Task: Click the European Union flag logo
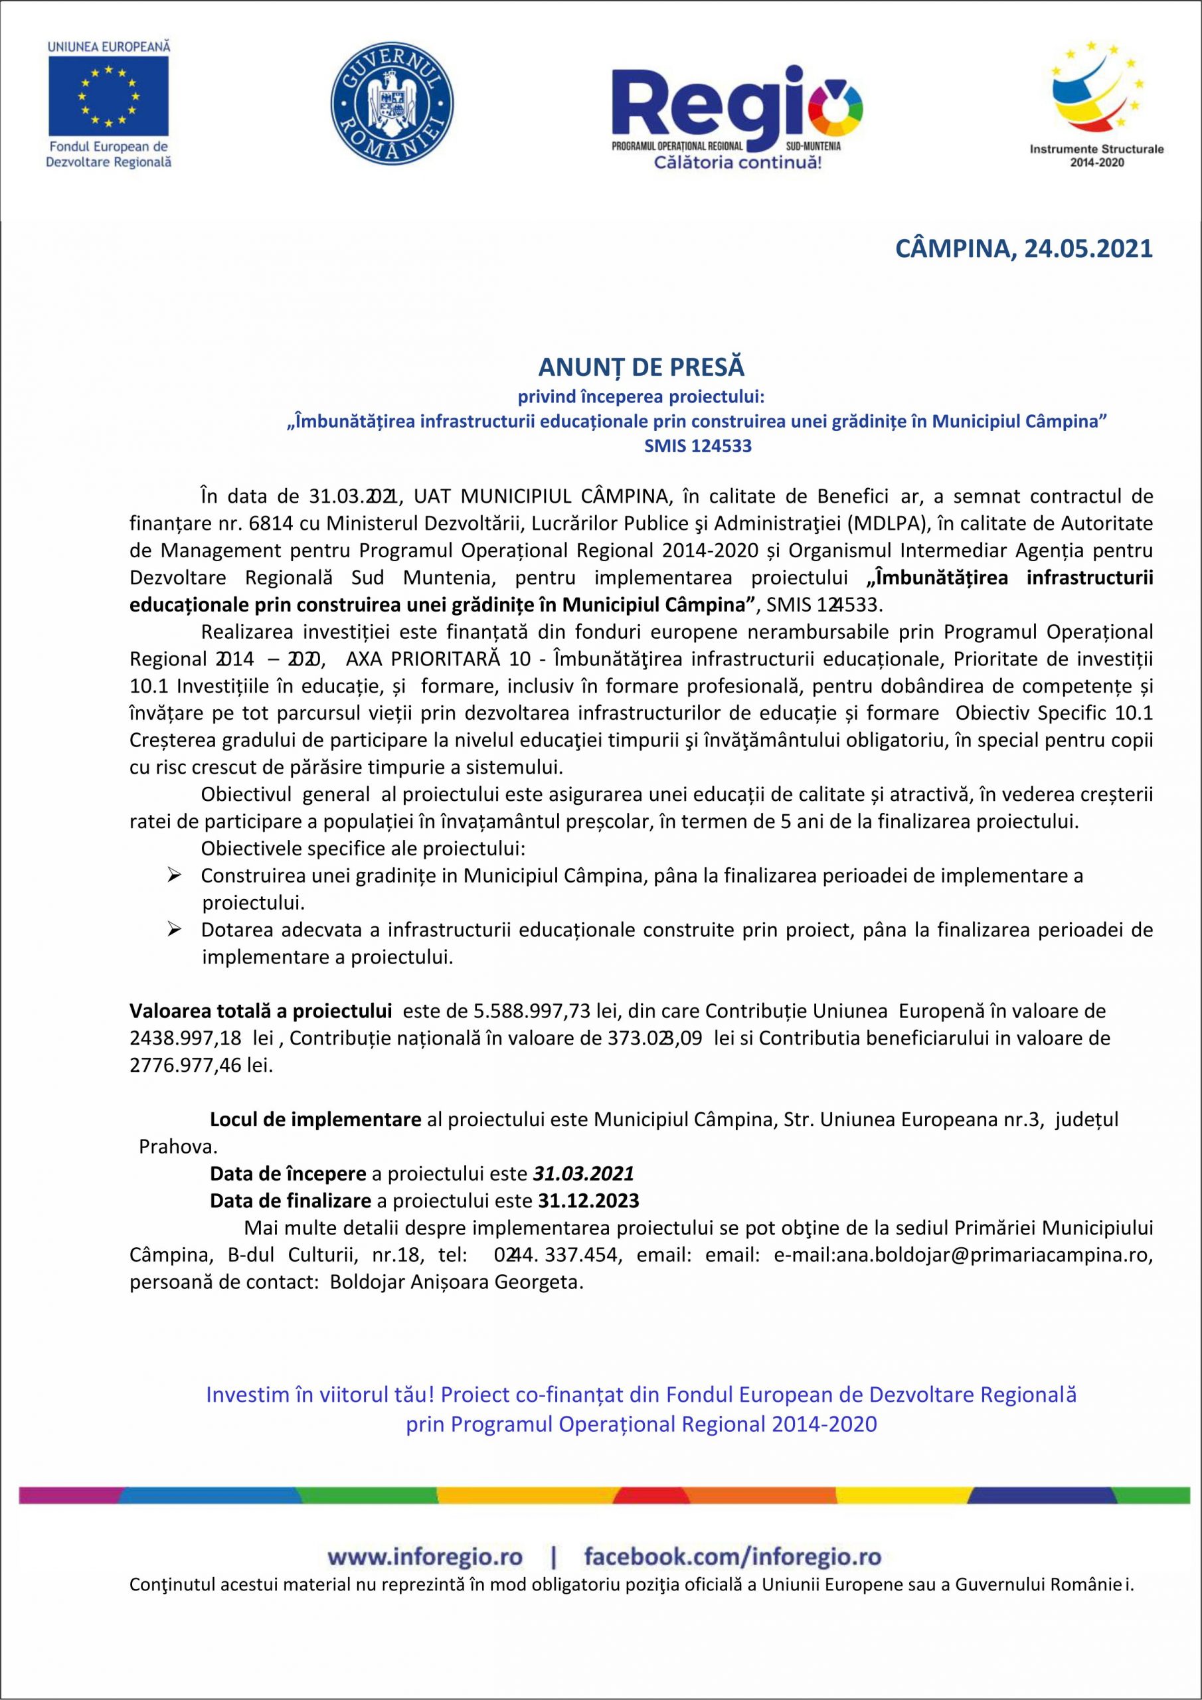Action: [109, 96]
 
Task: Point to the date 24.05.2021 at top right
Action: [1088, 249]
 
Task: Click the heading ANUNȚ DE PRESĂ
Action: [642, 367]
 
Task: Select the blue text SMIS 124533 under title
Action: [698, 446]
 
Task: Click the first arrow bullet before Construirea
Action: [175, 876]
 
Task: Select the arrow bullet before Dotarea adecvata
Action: [175, 929]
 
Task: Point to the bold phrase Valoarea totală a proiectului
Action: [261, 1011]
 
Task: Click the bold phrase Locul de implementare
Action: [315, 1120]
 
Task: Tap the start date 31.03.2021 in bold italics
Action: [583, 1173]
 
